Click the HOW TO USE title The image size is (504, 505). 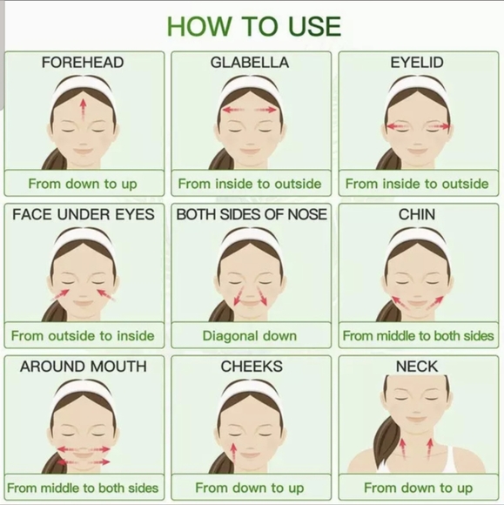click(x=254, y=26)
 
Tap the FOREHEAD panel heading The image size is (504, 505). click(x=83, y=63)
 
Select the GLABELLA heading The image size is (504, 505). click(x=250, y=63)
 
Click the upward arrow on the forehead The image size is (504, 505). click(x=84, y=110)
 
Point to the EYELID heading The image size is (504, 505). click(x=417, y=63)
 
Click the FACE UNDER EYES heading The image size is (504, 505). click(x=84, y=214)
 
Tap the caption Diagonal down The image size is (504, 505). click(x=250, y=336)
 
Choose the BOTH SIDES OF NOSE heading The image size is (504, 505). click(x=252, y=214)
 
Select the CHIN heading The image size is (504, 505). click(x=417, y=214)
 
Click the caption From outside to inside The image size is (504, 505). click(x=83, y=336)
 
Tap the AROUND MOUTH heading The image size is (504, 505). click(x=84, y=367)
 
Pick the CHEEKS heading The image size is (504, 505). click(x=252, y=367)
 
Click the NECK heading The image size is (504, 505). click(x=417, y=367)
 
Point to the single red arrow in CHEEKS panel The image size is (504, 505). click(x=234, y=454)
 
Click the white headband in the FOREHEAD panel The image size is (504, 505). click(x=84, y=84)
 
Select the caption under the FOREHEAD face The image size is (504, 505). click(x=83, y=184)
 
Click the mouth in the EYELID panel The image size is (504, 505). click(x=417, y=151)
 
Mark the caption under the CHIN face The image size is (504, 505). click(x=418, y=336)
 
